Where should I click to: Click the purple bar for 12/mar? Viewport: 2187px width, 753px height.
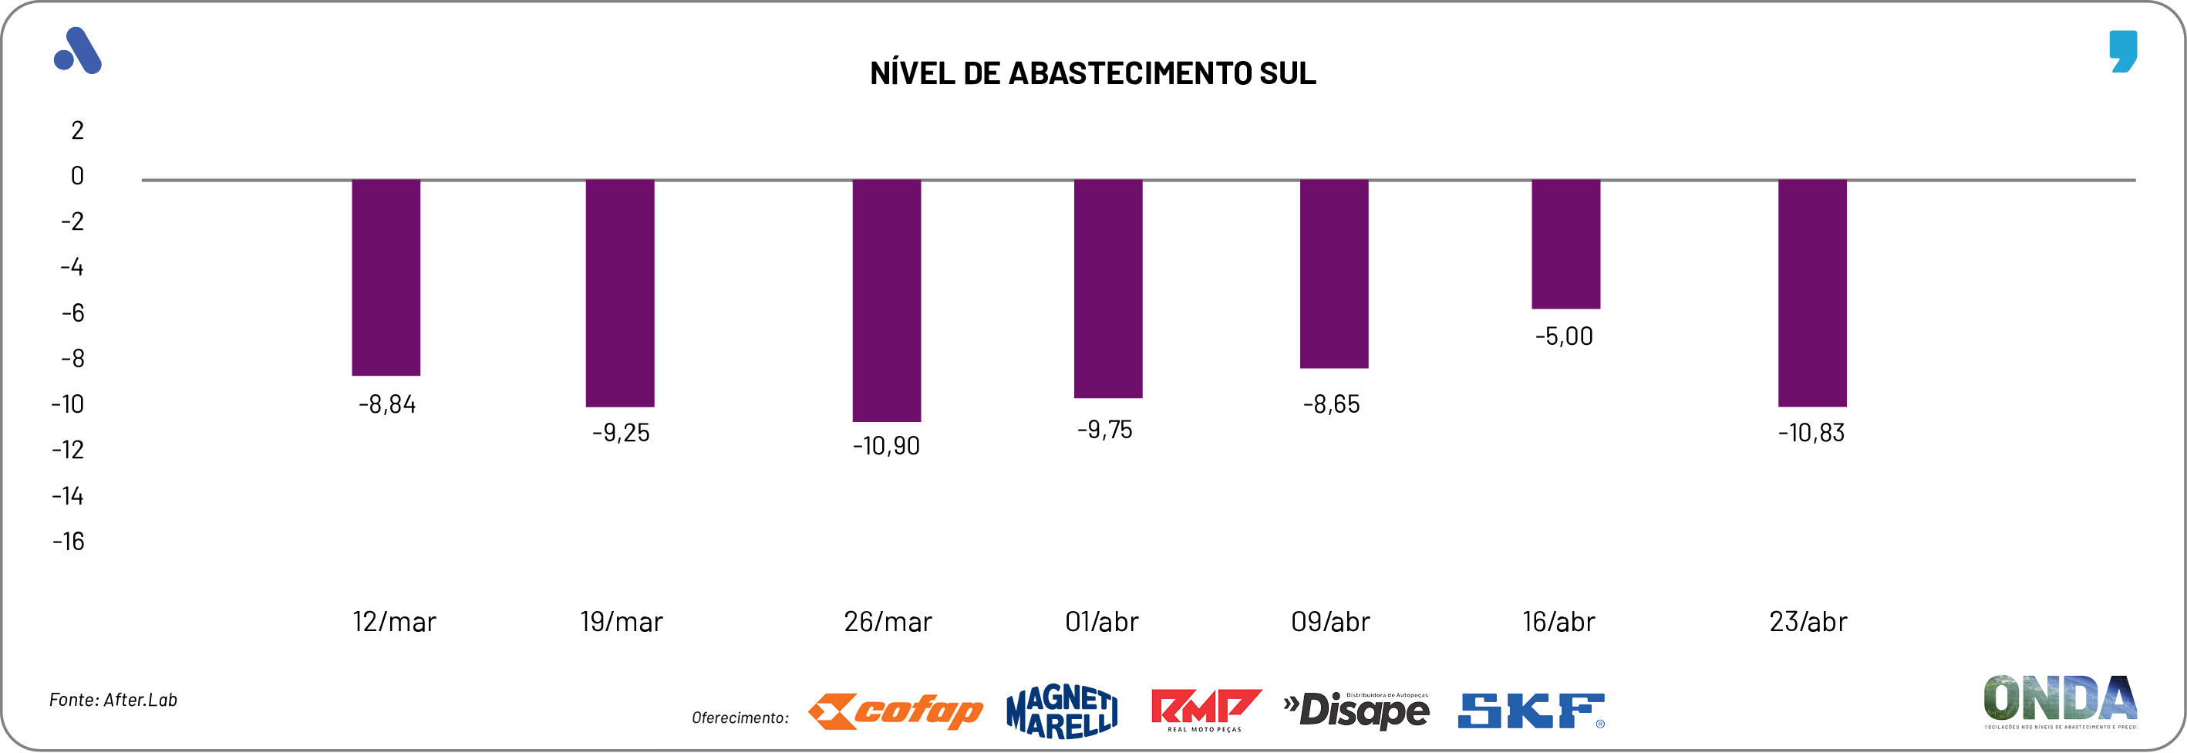386,278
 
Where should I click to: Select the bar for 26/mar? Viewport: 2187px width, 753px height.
886,301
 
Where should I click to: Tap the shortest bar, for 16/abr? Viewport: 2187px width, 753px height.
1565,245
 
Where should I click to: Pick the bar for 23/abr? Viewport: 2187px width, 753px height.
1811,293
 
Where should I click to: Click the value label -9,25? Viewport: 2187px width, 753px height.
621,433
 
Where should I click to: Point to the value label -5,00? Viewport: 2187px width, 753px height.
1564,336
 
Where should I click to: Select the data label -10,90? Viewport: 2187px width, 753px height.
886,446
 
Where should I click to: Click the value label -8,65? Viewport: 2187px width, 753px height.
1331,404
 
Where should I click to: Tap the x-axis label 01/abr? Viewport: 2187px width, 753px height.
1101,623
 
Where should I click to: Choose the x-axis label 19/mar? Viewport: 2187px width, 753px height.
621,623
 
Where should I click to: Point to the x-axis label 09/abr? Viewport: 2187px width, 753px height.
1330,623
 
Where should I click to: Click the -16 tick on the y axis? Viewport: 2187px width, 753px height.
69,542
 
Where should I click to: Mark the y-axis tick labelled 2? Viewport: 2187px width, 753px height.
77,130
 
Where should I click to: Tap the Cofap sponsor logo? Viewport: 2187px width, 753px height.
895,711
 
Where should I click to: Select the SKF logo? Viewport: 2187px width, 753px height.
1531,711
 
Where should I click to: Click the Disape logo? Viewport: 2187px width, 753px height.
1356,711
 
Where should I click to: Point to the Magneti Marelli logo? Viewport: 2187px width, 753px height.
1061,711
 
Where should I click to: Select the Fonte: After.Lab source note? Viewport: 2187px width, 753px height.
113,700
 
